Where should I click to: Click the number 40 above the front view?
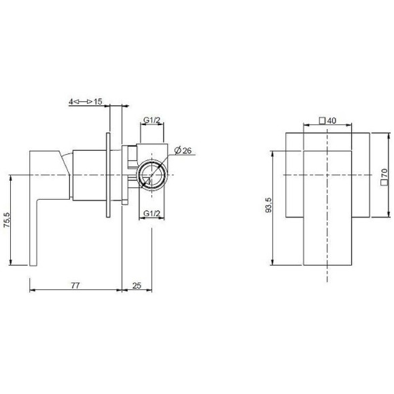(332, 121)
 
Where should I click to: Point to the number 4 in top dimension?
(70, 101)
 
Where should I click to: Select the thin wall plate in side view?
(107, 175)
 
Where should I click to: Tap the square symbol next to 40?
(322, 121)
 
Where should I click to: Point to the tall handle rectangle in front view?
(328, 207)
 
